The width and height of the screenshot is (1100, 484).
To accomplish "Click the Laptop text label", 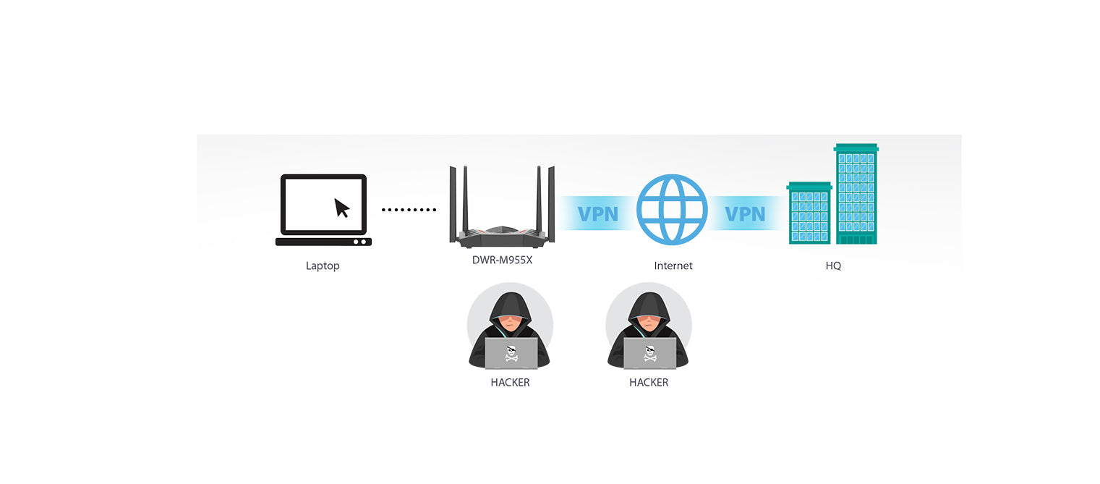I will (x=323, y=266).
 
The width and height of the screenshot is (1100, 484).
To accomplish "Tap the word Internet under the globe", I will (x=673, y=266).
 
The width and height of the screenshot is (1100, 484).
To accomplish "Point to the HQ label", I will (x=833, y=266).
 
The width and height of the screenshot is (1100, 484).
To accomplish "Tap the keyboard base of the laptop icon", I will (x=323, y=242).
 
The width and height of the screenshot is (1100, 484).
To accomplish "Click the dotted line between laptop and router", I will (x=409, y=210).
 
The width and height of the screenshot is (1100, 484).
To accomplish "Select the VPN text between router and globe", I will (x=598, y=214).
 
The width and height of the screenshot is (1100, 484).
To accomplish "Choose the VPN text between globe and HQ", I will (x=745, y=214).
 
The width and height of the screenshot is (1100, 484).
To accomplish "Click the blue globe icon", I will (x=672, y=210).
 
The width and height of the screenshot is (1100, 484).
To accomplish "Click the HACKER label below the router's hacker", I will (x=510, y=382).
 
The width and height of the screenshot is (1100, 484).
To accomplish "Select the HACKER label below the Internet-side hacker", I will (x=649, y=382).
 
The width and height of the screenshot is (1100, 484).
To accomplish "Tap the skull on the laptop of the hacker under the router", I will (x=511, y=353).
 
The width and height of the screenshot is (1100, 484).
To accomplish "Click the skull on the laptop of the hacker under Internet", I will (x=650, y=353).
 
